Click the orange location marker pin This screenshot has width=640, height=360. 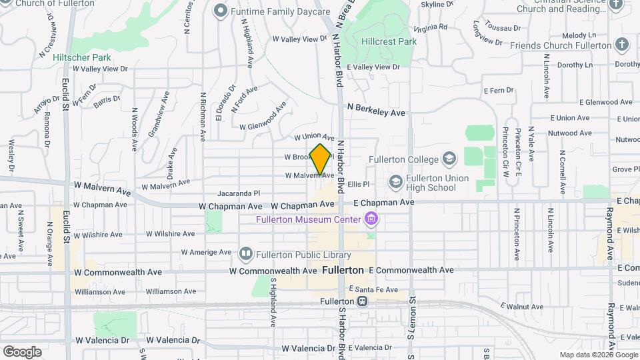point(321,159)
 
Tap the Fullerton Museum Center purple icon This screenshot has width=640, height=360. point(371,219)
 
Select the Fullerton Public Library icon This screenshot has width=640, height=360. point(246,254)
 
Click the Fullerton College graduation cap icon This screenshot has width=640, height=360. point(449,159)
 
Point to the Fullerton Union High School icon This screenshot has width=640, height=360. point(396,181)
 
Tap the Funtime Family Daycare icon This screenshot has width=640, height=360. point(221,11)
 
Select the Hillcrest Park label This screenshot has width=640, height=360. point(389,41)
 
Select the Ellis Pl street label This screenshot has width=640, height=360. point(358,184)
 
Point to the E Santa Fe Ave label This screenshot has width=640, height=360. point(373,289)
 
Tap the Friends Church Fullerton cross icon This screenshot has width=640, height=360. point(622,45)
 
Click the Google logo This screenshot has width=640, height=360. point(22,351)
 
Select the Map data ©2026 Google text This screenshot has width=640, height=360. point(597,355)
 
